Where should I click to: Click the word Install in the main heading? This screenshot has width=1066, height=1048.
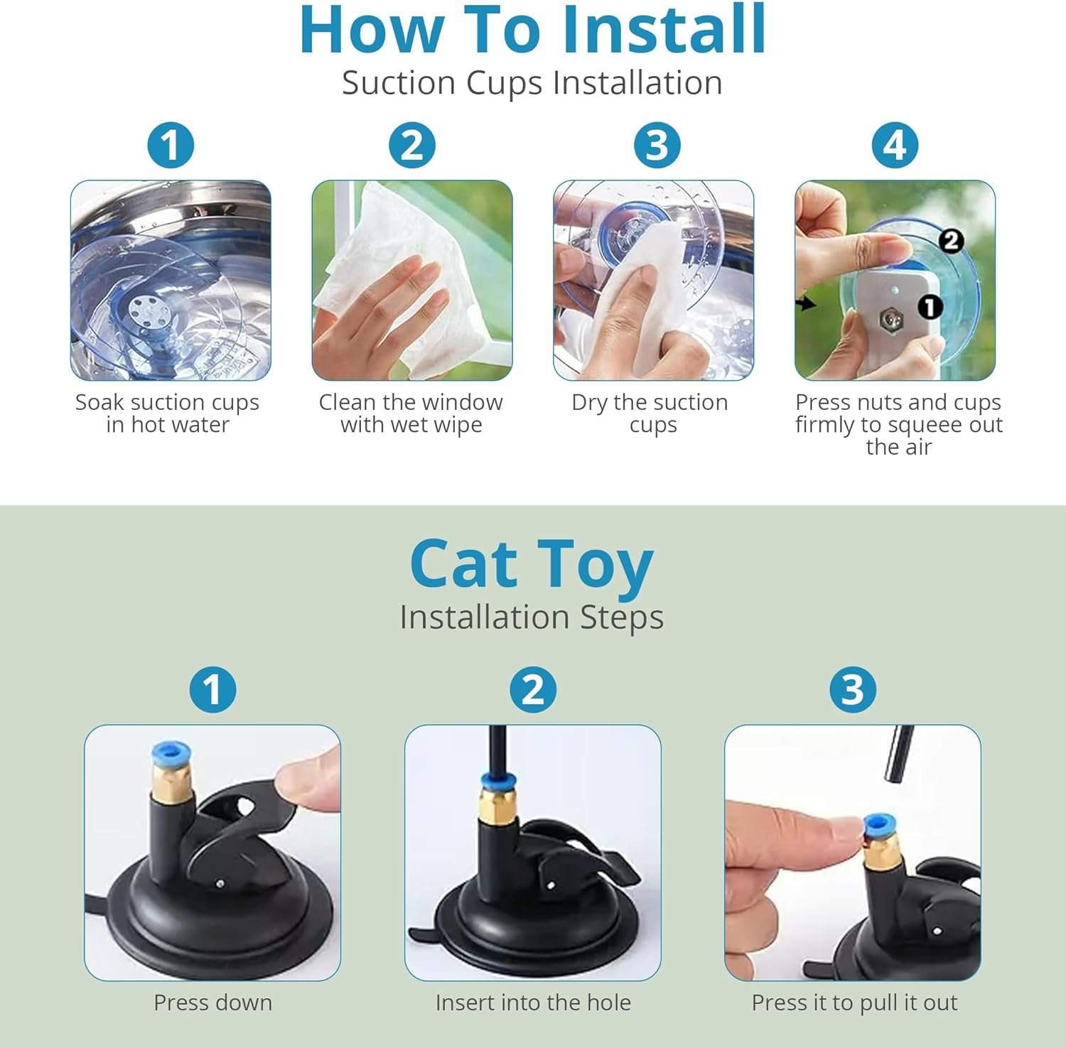tap(664, 29)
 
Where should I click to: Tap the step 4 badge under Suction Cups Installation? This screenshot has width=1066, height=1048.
tap(895, 146)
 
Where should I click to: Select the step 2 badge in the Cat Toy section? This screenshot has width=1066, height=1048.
tap(533, 690)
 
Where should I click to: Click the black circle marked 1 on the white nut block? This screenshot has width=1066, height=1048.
tap(930, 307)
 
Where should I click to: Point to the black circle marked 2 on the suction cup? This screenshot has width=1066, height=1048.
tap(951, 242)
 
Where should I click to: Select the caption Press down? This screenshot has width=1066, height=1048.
tap(213, 1003)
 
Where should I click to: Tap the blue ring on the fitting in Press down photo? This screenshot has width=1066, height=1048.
tap(171, 754)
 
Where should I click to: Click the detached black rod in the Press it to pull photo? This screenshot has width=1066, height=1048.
tap(898, 753)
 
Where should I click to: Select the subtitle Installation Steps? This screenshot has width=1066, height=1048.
tap(532, 617)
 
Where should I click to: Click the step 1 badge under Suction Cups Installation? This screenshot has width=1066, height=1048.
tap(171, 146)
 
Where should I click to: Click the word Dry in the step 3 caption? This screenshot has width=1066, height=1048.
tap(590, 403)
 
